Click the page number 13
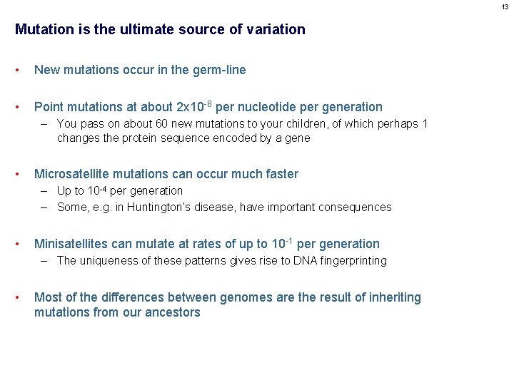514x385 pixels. [x=505, y=6]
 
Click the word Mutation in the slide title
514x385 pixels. [x=41, y=29]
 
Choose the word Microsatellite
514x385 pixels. [x=74, y=174]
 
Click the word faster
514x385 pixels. [x=279, y=174]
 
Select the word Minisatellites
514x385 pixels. [x=74, y=244]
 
